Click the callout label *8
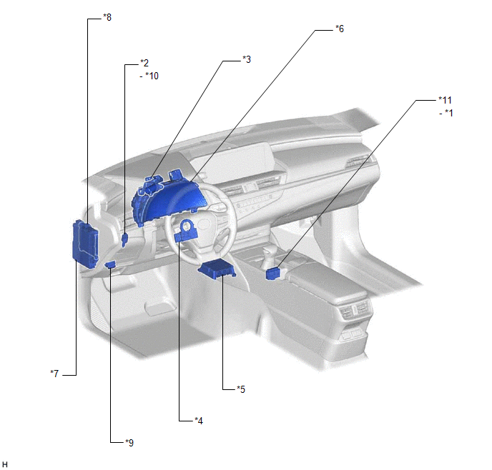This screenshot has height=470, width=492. click(107, 17)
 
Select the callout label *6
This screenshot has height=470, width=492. click(340, 29)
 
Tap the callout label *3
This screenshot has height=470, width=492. click(247, 59)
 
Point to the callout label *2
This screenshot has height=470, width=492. click(144, 63)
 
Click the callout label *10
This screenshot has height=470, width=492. click(152, 76)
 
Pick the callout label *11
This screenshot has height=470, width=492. click(445, 100)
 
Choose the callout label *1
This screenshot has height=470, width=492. click(449, 113)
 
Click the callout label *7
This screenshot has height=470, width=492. click(54, 373)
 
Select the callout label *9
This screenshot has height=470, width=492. click(129, 442)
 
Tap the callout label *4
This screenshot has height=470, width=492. click(199, 420)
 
